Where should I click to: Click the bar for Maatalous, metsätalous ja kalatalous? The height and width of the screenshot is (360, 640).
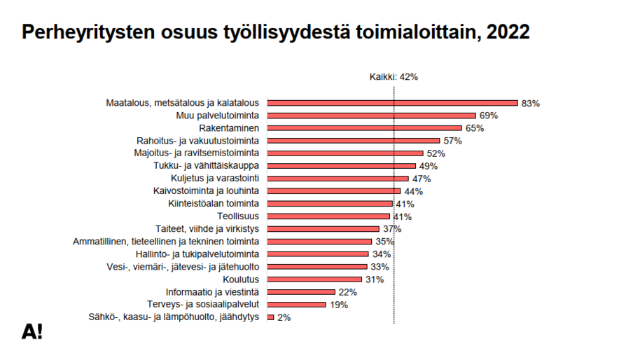pyautogui.click(x=392, y=103)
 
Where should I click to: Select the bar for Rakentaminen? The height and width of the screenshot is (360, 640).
pyautogui.click(x=365, y=128)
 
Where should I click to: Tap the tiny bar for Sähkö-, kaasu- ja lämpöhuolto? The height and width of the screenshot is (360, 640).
pyautogui.click(x=270, y=317)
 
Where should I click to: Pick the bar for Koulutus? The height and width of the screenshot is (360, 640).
pyautogui.click(x=314, y=279)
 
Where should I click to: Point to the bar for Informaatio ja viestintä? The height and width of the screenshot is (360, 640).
pyautogui.click(x=301, y=292)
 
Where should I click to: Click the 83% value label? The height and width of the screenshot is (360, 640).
pyautogui.click(x=530, y=103)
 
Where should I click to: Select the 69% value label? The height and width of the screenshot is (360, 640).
pyautogui.click(x=488, y=116)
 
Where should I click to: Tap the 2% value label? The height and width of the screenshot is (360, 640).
pyautogui.click(x=284, y=317)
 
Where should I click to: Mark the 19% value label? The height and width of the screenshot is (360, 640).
pyautogui.click(x=338, y=305)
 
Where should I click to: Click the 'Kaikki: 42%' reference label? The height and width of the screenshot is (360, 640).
pyautogui.click(x=394, y=77)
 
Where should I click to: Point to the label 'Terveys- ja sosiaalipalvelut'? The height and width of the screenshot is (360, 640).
pyautogui.click(x=204, y=305)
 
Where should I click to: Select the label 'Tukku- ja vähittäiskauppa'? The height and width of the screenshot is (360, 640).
pyautogui.click(x=207, y=166)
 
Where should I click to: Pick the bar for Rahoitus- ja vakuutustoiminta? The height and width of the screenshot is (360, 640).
pyautogui.click(x=353, y=141)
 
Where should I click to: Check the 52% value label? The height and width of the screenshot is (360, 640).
pyautogui.click(x=436, y=153)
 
